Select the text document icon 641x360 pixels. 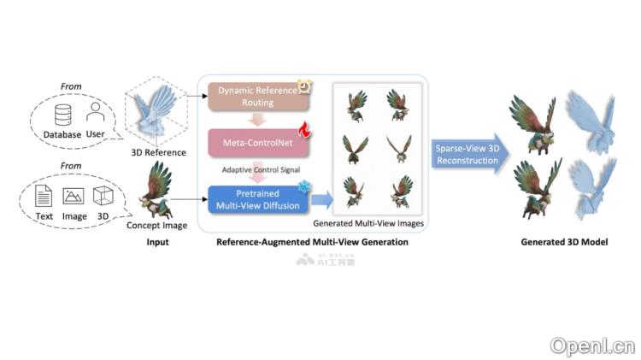[x=44, y=198]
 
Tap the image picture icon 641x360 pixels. [x=74, y=198]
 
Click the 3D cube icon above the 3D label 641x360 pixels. [x=102, y=198]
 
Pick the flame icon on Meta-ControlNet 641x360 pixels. [x=303, y=129]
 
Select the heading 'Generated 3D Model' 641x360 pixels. [x=564, y=243]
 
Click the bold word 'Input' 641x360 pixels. [x=156, y=243]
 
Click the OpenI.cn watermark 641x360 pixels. [x=593, y=345]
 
